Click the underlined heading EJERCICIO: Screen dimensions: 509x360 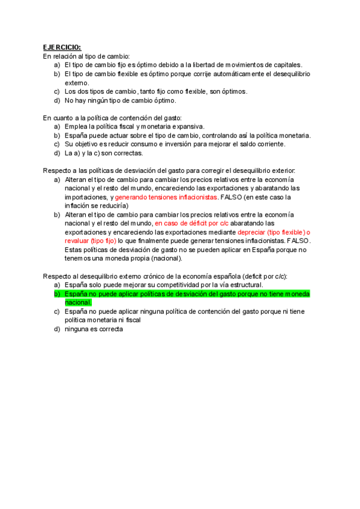pyautogui.click(x=62, y=47)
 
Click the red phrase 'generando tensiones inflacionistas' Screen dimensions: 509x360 pyautogui.click(x=166, y=197)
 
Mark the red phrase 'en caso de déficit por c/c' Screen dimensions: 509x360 pyautogui.click(x=192, y=223)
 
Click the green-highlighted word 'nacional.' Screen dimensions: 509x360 pyautogui.click(x=78, y=303)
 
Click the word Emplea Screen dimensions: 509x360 pyautogui.click(x=76, y=126)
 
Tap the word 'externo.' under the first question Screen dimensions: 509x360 pyautogui.click(x=76, y=83)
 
